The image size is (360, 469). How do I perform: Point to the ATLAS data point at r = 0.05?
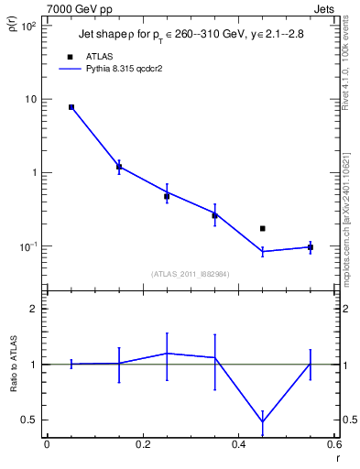[x=71, y=107]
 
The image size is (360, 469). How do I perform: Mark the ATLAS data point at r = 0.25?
[x=167, y=196]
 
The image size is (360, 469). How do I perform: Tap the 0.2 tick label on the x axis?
[x=142, y=443]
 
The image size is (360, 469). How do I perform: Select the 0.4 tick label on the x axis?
[x=238, y=443]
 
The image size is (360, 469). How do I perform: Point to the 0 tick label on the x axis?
[x=47, y=443]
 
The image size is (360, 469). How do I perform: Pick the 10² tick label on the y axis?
[x=27, y=26]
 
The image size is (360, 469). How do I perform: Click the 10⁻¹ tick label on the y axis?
[x=27, y=246]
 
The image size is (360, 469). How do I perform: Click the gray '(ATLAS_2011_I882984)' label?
[x=190, y=274]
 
